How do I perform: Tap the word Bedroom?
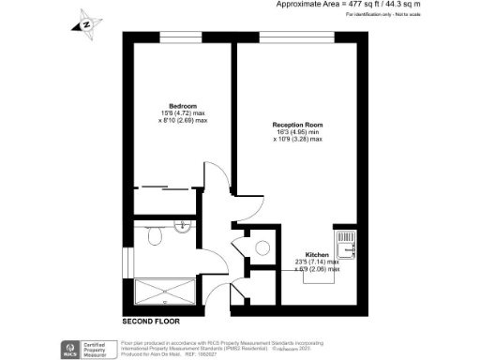[x=181, y=106]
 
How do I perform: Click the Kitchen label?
[x=316, y=255]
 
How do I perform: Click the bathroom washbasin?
[x=184, y=228]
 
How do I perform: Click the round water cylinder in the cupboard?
[x=263, y=247]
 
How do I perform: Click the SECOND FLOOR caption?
[x=150, y=322]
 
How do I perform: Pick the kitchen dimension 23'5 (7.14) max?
[x=317, y=262]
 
